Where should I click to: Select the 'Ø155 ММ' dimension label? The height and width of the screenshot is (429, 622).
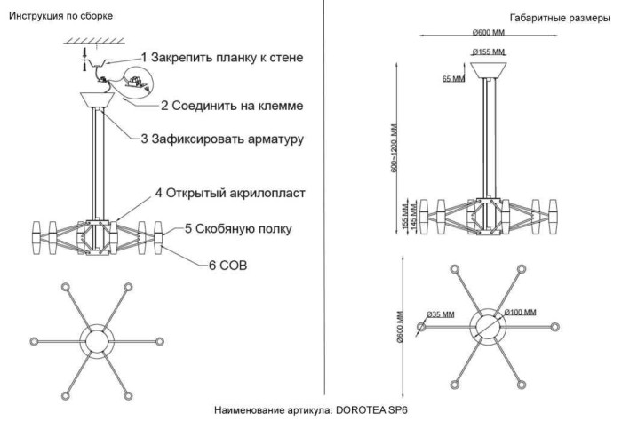(488, 51)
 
